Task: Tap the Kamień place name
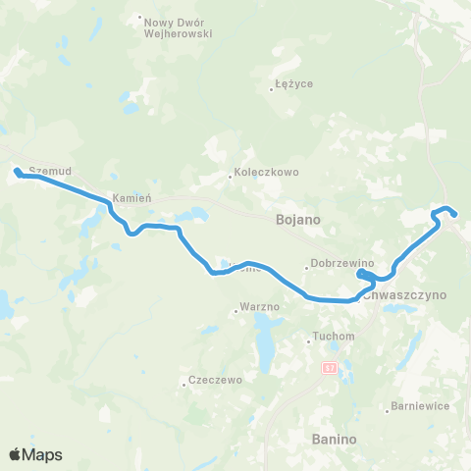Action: [131, 197]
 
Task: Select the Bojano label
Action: [293, 221]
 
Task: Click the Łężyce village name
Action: [294, 84]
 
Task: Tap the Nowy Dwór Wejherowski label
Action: [179, 26]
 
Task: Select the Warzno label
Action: [262, 307]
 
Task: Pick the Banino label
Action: [331, 438]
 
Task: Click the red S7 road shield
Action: [328, 366]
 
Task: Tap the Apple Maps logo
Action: [35, 454]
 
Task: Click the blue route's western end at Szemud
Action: [17, 173]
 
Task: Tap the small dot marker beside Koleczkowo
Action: [230, 177]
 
